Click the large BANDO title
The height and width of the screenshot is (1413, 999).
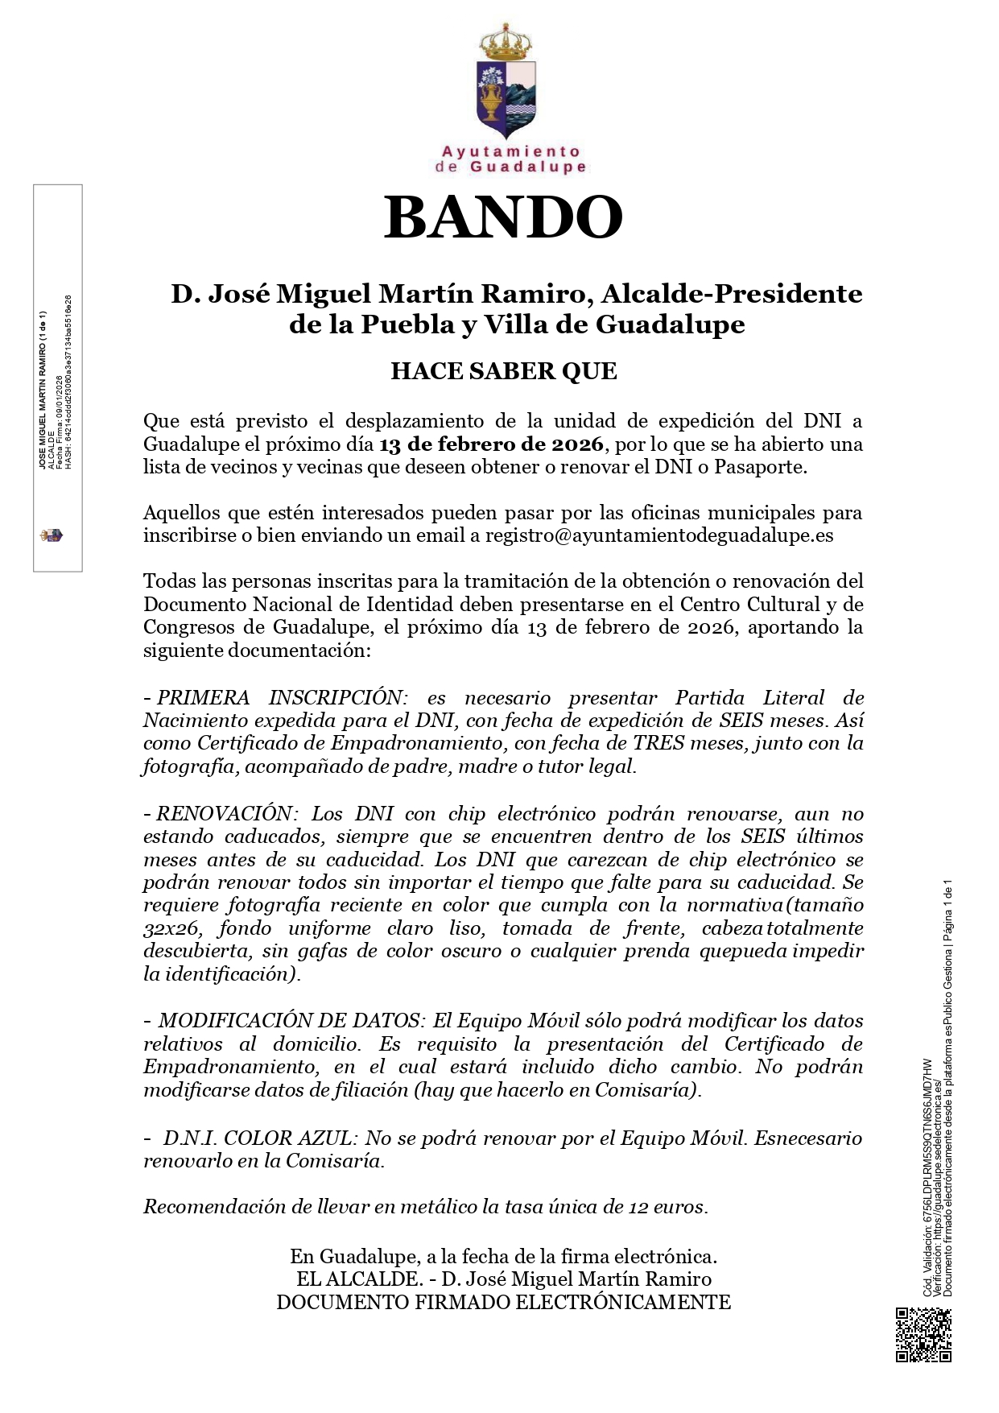coord(503,217)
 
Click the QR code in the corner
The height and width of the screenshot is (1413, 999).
coord(923,1336)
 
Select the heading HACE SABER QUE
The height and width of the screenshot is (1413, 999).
coord(503,371)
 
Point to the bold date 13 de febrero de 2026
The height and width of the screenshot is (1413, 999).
coord(491,444)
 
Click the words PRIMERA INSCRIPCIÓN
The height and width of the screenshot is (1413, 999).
coord(279,697)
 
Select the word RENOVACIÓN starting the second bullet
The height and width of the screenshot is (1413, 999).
coord(224,813)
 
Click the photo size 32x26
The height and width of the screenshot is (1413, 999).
coord(171,928)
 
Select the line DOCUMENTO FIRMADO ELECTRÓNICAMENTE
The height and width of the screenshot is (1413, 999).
coord(503,1302)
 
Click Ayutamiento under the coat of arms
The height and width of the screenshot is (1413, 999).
coord(510,151)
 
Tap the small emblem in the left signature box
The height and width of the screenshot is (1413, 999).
coord(52,535)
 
